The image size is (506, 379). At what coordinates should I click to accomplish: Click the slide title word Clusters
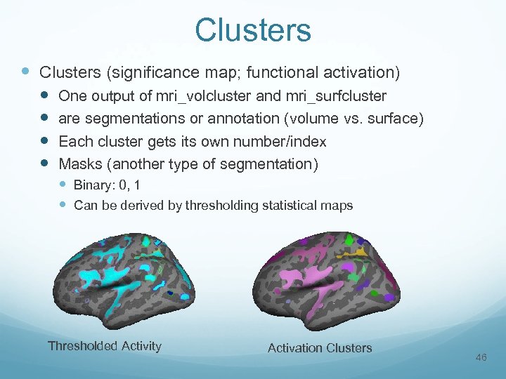(x=252, y=30)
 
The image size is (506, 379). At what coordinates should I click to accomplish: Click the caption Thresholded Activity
(x=104, y=345)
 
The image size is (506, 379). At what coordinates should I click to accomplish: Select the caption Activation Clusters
(x=320, y=347)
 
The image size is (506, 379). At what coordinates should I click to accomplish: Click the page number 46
(x=481, y=358)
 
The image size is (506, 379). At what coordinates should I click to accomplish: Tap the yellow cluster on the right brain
(x=361, y=250)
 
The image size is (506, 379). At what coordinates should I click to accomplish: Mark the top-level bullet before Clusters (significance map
(x=25, y=72)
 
